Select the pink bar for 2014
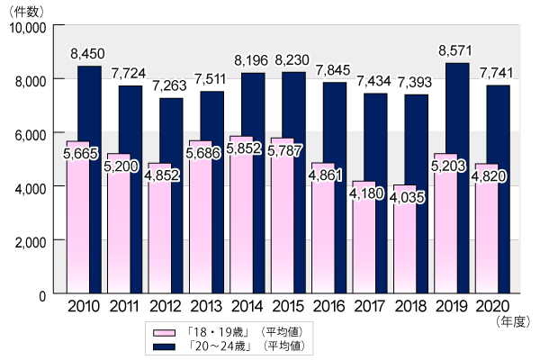click(242, 234)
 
